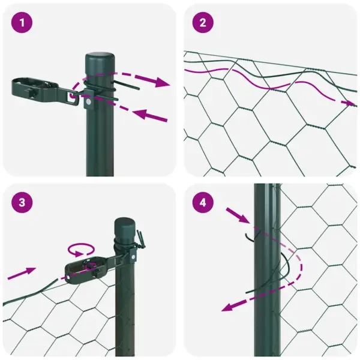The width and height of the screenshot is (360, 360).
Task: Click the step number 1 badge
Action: [23, 23]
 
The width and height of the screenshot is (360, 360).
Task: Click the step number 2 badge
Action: [203, 23]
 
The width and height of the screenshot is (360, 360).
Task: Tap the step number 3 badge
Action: [23, 203]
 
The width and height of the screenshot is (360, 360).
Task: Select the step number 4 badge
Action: [203, 203]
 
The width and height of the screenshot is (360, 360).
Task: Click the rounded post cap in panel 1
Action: [100, 61]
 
